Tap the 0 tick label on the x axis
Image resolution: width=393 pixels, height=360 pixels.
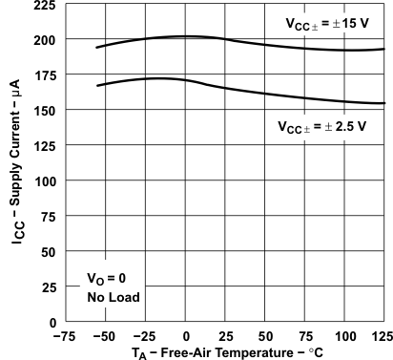point(186,336)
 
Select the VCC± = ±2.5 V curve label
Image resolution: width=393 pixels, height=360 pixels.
point(322,126)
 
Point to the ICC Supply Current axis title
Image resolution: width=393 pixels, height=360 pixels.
point(16,177)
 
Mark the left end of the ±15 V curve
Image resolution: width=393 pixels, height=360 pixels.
point(97,47)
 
